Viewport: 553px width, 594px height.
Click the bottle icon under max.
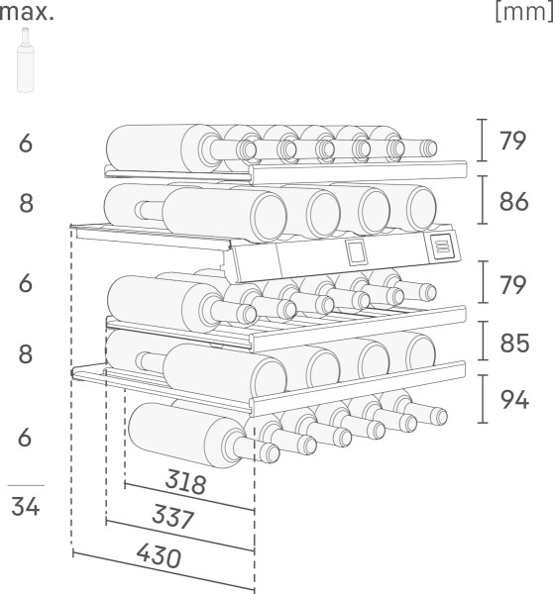[26, 59]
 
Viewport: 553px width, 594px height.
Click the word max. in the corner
[27, 13]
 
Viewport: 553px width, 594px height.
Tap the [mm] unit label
[524, 12]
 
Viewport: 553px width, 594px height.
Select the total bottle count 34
[26, 506]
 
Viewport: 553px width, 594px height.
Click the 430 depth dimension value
[159, 555]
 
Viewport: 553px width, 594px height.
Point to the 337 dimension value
[173, 517]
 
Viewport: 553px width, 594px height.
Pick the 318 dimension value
[186, 481]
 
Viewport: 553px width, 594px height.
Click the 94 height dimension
[514, 399]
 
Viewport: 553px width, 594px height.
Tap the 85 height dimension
[514, 344]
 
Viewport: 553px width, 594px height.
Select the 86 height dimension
[514, 202]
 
